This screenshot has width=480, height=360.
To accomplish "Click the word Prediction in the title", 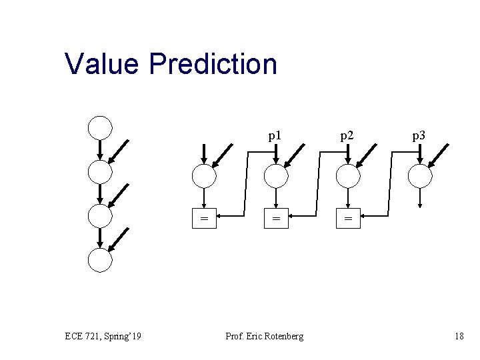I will coord(213,64).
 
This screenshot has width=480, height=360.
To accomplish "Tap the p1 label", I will coord(274,136).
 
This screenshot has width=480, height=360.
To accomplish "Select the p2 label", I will coord(347,136).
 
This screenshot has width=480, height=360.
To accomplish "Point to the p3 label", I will coord(419,136).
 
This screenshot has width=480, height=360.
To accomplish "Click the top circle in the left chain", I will coord(100,127).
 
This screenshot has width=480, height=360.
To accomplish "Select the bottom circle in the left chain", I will coord(100,259).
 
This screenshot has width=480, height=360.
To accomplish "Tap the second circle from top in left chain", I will coord(100,171).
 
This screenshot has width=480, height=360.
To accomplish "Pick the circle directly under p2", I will coord(347,176).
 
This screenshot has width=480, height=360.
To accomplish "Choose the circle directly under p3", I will coord(419,176).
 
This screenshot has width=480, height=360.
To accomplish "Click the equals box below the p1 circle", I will coord(275,217).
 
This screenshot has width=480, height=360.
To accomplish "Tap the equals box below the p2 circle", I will coord(347,217).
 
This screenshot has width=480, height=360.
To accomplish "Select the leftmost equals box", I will coord(204,217).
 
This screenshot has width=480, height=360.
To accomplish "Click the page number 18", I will coord(459,336).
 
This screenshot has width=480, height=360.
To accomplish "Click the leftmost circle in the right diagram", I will coord(204,176).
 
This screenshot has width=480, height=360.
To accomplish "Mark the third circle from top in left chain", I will coord(100,215).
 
